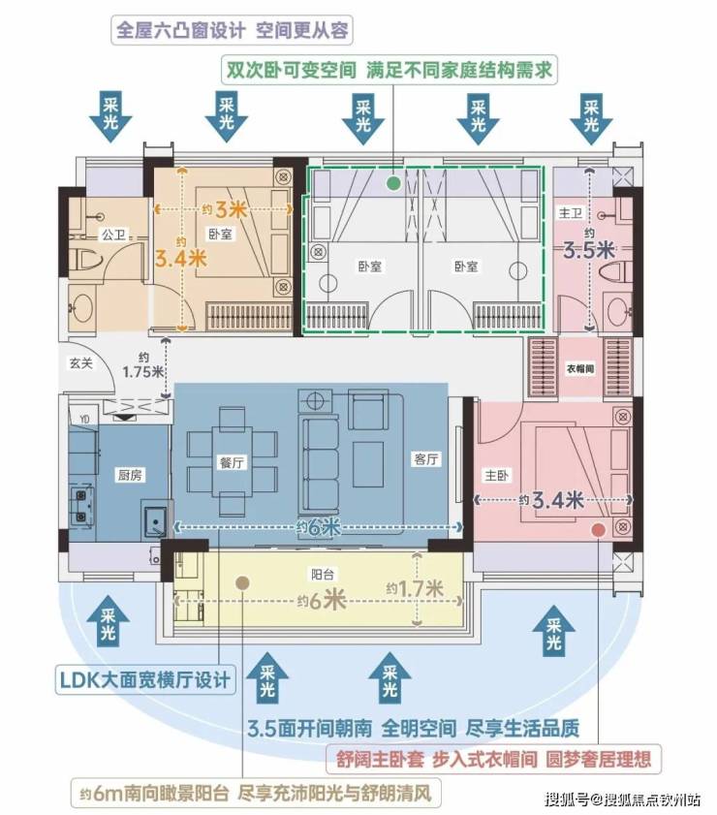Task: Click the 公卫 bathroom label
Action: pyautogui.click(x=113, y=235)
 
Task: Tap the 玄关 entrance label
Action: pyautogui.click(x=81, y=363)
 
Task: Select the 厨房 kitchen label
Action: pyautogui.click(x=130, y=475)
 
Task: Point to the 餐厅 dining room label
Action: pyautogui.click(x=232, y=462)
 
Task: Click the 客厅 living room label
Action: pyautogui.click(x=426, y=458)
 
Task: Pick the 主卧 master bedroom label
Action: pyautogui.click(x=497, y=475)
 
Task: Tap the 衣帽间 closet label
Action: pyautogui.click(x=579, y=368)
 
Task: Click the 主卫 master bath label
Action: pyautogui.click(x=571, y=213)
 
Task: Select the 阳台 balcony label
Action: pyautogui.click(x=322, y=575)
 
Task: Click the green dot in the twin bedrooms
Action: pyautogui.click(x=394, y=183)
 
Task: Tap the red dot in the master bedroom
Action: pyautogui.click(x=599, y=530)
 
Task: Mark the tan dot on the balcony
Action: pyautogui.click(x=242, y=583)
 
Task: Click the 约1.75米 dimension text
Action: pyautogui.click(x=143, y=366)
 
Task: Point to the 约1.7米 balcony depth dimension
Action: pyautogui.click(x=415, y=589)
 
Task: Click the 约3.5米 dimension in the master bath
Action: pyautogui.click(x=589, y=246)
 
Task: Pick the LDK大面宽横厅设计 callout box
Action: pyautogui.click(x=145, y=680)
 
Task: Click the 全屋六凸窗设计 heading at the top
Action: pyautogui.click(x=180, y=31)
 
